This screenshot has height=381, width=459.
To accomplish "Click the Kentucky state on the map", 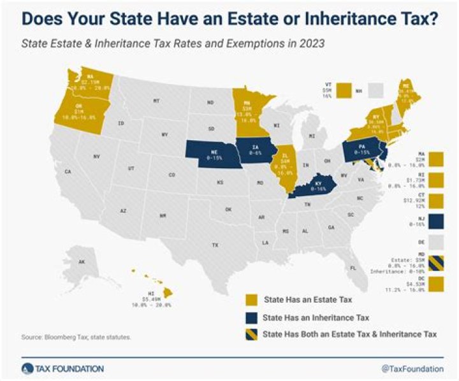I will tap(312, 187).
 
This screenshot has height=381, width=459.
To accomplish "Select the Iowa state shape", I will tap(253, 150).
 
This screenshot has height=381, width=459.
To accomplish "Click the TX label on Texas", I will tap(215, 245).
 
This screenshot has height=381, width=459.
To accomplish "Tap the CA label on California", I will tap(67, 171).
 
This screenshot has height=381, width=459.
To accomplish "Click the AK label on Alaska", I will tap(82, 262).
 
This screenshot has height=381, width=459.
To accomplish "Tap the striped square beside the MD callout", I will tap(437, 262).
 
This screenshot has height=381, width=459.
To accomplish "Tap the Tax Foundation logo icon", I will tap(26, 368).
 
